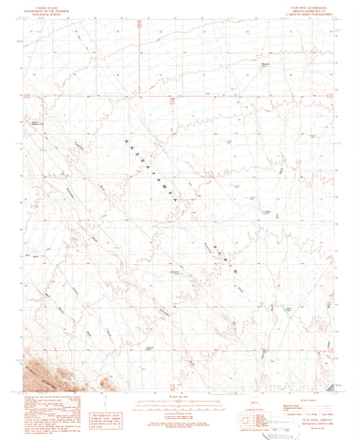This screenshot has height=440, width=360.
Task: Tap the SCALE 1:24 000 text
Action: point(180,370)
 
